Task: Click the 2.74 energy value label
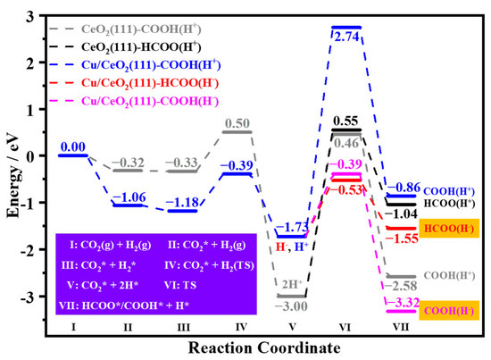point(346,36)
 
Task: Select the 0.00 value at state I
point(73,146)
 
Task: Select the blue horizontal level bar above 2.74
point(346,27)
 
